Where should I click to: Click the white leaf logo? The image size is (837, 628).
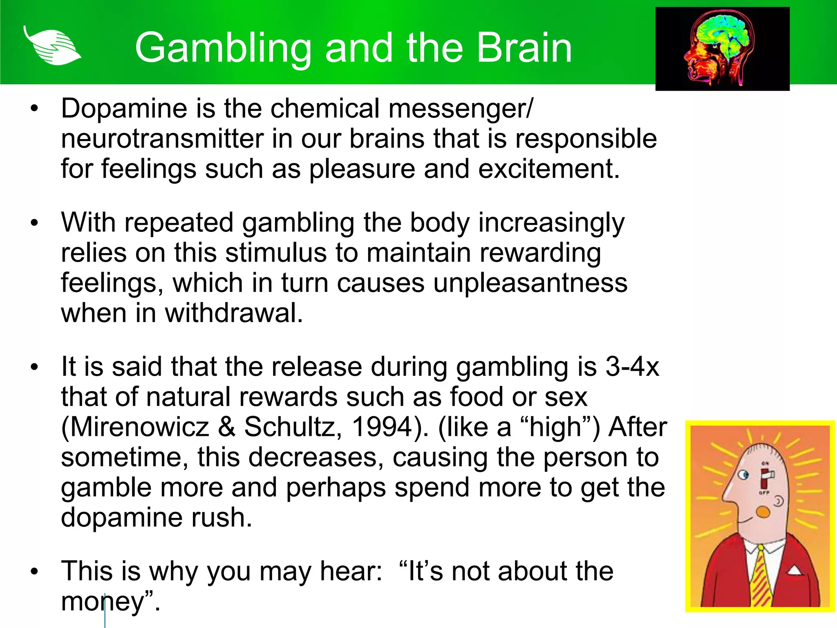coord(52,46)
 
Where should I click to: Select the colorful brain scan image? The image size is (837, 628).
coord(722,49)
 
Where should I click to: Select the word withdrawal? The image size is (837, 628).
coord(234,314)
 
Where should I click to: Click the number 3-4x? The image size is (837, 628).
coord(632,367)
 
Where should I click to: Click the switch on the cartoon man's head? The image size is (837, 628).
coord(765,479)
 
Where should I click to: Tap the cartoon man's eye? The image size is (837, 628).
coord(744,475)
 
